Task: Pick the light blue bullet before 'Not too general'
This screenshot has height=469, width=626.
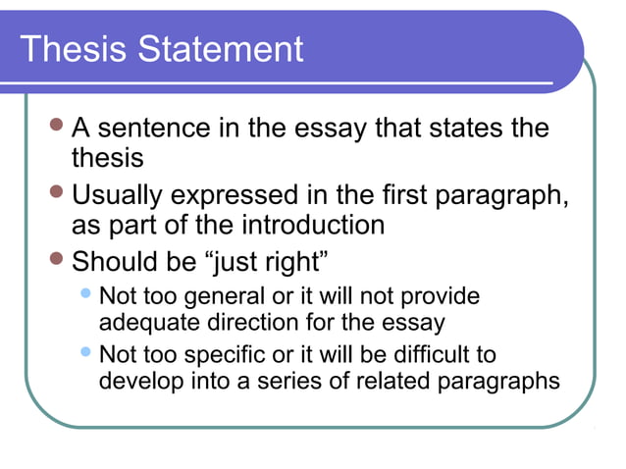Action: (x=87, y=293)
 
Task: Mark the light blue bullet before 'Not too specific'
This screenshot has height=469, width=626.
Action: (x=87, y=351)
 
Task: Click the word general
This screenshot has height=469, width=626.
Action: (x=228, y=296)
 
